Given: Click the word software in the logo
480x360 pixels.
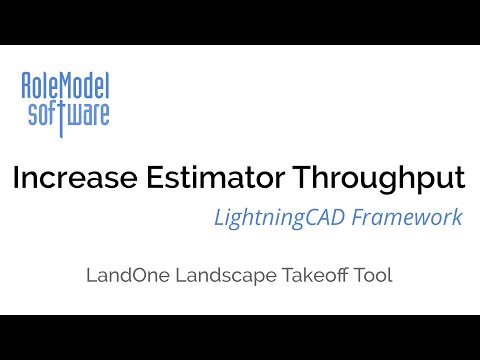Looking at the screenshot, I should coord(66,112).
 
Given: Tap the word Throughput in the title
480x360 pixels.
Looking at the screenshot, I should coord(379,180).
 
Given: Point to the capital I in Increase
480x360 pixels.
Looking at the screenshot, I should coord(16,180).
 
